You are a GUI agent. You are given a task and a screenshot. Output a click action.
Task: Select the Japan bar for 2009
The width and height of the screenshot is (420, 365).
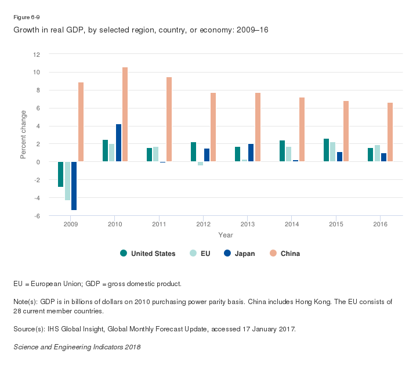[74, 186]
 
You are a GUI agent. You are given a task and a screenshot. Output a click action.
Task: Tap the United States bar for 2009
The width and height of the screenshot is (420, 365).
[61, 174]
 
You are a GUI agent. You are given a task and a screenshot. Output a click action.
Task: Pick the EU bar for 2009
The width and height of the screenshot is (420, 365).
[67, 181]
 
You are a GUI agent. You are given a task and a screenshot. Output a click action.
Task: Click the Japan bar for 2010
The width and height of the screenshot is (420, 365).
[118, 143]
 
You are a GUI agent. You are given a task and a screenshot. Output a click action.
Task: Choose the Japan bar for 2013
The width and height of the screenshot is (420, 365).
[251, 153]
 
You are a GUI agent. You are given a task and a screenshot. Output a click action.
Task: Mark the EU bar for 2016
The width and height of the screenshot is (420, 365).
[377, 153]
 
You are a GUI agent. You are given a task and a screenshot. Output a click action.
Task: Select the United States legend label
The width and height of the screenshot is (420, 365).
[153, 254]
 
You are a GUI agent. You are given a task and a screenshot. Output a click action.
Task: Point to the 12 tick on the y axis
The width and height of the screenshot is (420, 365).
[37, 55]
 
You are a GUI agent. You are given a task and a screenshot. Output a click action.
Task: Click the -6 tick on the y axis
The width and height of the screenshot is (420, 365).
[37, 216]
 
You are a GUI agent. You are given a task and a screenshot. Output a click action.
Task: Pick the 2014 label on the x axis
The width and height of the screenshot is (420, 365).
[292, 224]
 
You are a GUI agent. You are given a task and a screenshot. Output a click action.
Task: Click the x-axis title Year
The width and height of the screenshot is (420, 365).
[226, 235]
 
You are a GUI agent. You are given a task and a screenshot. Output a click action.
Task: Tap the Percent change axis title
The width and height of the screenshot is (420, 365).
[24, 135]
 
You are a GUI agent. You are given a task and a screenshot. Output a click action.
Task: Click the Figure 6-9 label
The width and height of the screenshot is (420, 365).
[27, 17]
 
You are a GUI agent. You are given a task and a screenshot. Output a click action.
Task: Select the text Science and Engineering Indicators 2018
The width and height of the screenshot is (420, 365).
[77, 347]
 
